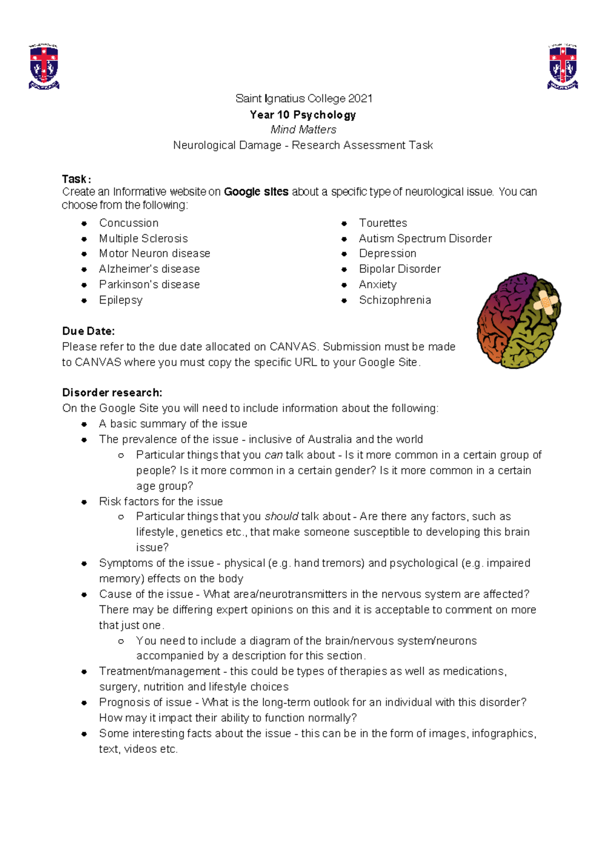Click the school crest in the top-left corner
tap(44, 66)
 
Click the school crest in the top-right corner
tap(563, 66)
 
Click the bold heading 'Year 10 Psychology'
tap(303, 115)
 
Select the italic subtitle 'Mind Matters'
tap(303, 130)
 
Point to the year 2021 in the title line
tap(360, 98)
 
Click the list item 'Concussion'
tap(129, 223)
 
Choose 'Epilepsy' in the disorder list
tap(120, 300)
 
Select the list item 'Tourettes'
tap(382, 223)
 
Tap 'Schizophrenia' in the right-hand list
tap(395, 300)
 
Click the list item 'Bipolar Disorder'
tap(399, 269)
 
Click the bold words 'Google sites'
tap(256, 192)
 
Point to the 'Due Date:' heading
tap(88, 331)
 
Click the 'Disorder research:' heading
tap(112, 393)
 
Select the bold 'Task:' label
tap(76, 179)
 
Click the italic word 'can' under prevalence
tap(273, 455)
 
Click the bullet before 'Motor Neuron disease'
tap(84, 254)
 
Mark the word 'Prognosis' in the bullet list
tap(122, 702)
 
